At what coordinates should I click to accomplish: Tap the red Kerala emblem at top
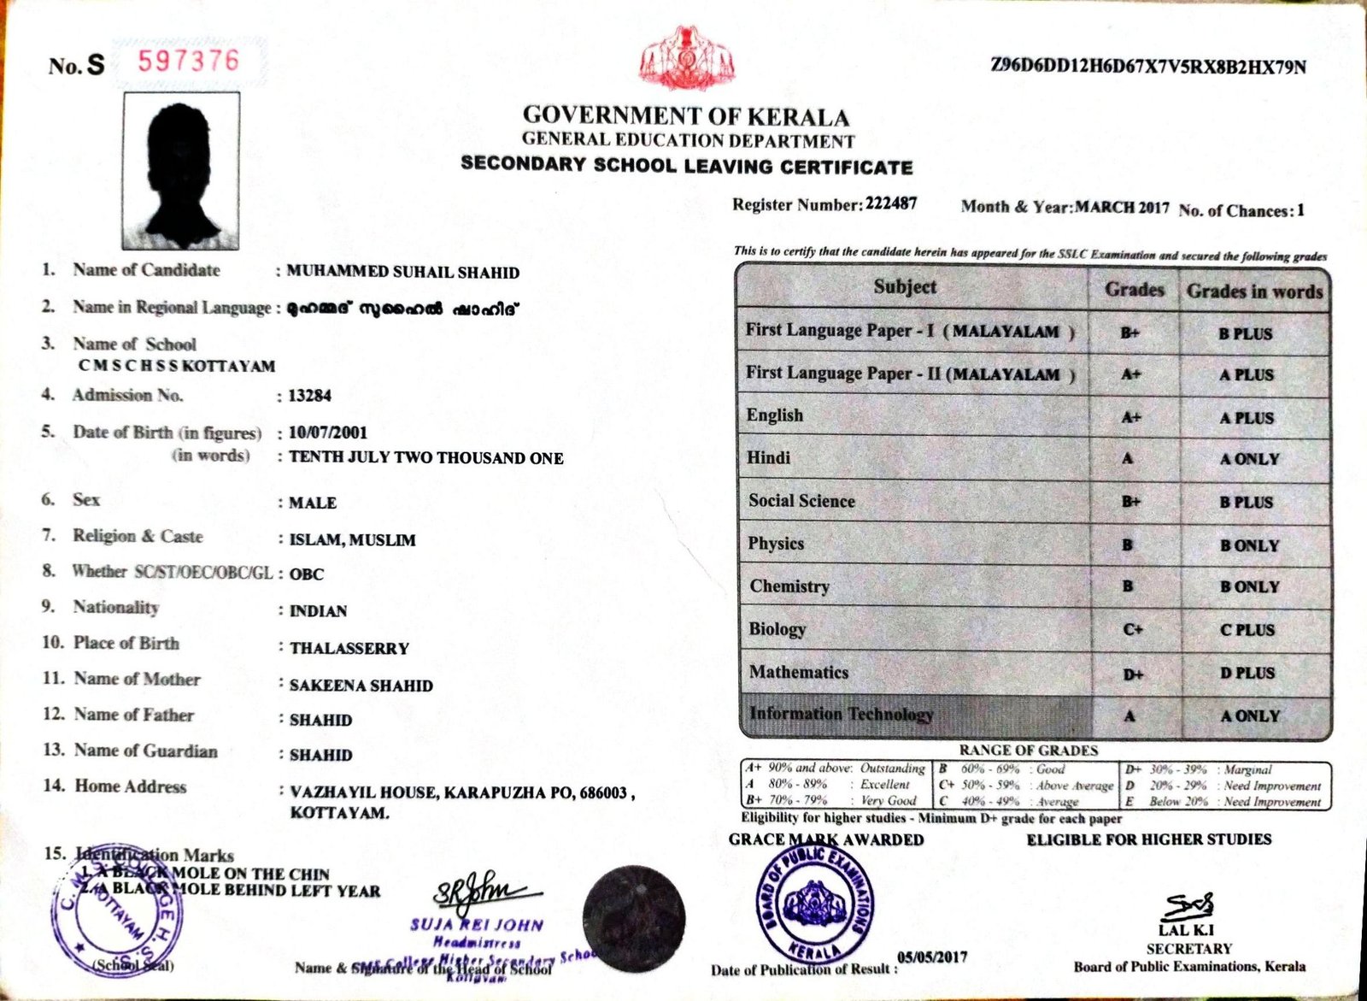(x=686, y=58)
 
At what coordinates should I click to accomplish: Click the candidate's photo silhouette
(x=180, y=170)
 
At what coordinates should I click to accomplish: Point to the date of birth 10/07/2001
(x=315, y=433)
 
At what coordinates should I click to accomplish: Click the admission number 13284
(x=309, y=396)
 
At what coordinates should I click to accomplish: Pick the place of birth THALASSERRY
(x=349, y=648)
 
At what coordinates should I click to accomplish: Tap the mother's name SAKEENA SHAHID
(x=361, y=686)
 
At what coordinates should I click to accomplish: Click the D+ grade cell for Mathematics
(x=1133, y=674)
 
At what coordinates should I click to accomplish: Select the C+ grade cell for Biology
(x=1133, y=630)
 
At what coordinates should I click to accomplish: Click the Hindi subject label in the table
(x=768, y=458)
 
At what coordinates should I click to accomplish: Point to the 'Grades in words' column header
(x=1253, y=291)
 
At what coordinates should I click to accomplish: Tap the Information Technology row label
(x=841, y=714)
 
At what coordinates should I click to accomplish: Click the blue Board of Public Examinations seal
(x=815, y=903)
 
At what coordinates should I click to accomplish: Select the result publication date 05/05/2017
(x=932, y=957)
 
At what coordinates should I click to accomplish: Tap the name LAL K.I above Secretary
(x=1187, y=931)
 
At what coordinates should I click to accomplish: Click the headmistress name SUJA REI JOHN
(x=476, y=925)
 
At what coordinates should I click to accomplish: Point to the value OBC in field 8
(x=307, y=574)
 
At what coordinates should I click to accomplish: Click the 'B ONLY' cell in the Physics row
(x=1249, y=545)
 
